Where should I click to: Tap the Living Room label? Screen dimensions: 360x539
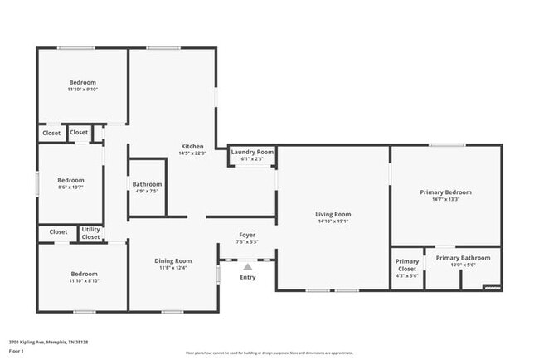333,214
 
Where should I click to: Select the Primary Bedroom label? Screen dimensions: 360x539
446,192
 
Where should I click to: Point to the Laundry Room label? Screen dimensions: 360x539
252,152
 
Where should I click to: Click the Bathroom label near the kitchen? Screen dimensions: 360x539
147,184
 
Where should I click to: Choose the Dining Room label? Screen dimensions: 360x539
172,261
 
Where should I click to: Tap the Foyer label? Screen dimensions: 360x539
248,236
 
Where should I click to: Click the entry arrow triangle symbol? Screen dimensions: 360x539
247,266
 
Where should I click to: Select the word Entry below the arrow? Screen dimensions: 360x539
248,277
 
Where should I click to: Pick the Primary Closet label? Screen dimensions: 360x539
407,265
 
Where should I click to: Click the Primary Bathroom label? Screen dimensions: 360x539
463,258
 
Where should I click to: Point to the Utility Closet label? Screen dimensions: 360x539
90,233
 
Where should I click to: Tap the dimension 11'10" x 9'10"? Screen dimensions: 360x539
82,90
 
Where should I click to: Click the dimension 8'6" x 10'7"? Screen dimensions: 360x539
70,187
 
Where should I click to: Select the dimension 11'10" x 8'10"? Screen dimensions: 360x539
83,281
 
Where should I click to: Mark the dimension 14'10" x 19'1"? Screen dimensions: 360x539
333,221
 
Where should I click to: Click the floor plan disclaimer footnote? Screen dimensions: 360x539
269,353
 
